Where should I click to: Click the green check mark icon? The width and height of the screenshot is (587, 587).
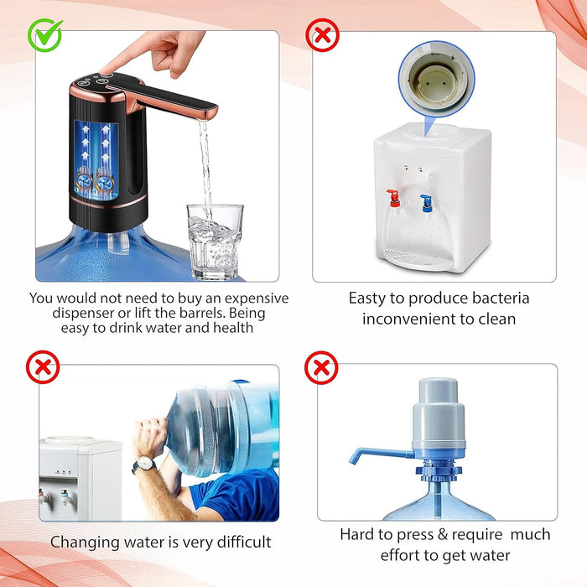point(45,35)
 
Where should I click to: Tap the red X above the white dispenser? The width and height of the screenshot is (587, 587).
point(322,35)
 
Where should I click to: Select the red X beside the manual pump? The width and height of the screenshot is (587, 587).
point(321,367)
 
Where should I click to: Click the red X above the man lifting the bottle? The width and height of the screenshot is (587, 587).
point(43,367)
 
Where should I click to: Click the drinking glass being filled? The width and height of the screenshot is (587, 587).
point(215,242)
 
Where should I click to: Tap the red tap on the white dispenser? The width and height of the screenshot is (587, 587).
point(393,198)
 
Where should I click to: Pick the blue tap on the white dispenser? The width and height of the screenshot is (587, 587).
point(426,203)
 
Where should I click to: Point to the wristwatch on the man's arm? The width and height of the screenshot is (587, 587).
point(144,465)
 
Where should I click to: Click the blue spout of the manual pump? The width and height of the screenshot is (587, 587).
point(381,454)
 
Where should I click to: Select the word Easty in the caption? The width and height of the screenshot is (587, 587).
point(367,299)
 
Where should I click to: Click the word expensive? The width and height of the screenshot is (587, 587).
point(257,299)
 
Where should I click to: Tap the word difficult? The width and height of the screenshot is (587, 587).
point(244,542)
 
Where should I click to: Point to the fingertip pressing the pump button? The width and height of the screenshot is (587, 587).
point(106,70)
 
